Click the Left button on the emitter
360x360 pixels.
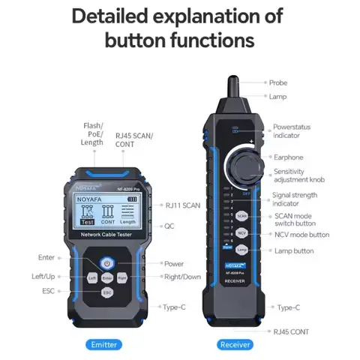coord(91,277)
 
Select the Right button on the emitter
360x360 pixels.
coord(122,277)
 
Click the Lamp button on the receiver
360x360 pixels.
coord(241,249)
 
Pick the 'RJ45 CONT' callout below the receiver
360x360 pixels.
coord(289,331)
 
